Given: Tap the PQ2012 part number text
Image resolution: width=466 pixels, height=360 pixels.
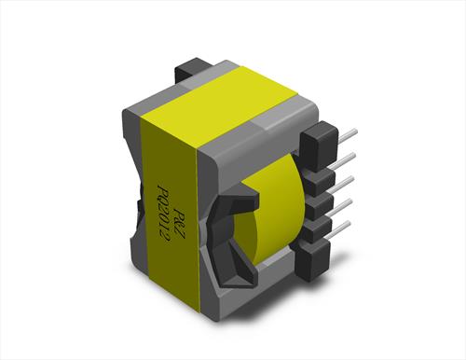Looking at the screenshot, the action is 162,215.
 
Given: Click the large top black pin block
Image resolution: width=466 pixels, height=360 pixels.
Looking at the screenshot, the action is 319,146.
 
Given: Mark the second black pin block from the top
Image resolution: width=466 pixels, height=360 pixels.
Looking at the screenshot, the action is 320,183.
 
